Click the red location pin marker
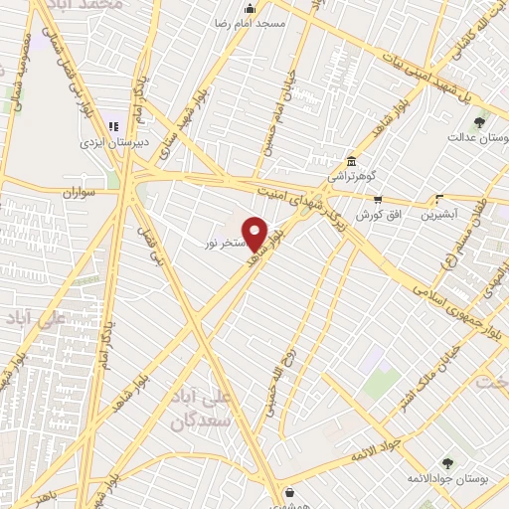(255, 233)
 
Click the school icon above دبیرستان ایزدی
(112, 126)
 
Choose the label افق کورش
(365, 215)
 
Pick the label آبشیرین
(437, 214)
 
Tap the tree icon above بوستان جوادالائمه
(446, 462)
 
